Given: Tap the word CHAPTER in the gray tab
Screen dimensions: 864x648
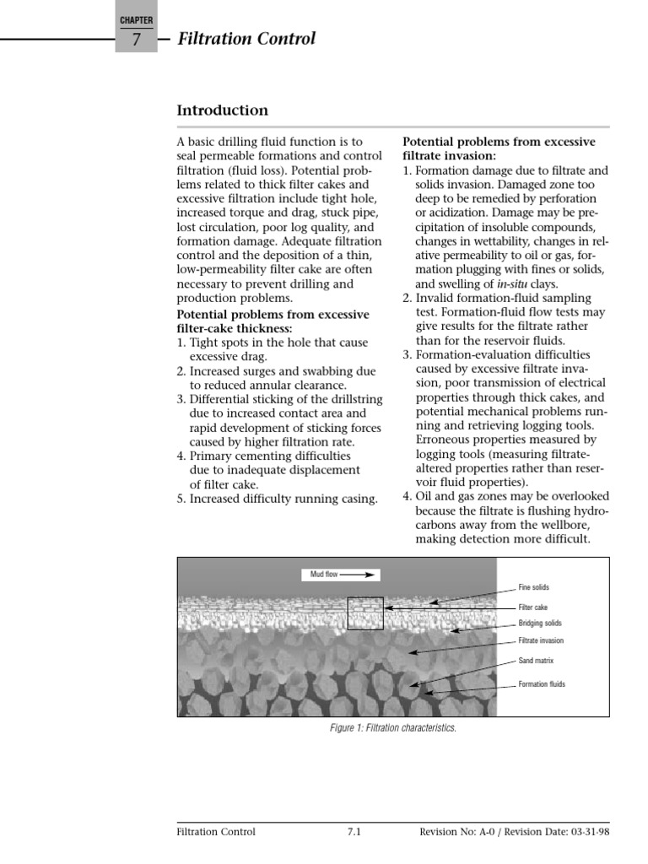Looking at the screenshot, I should [x=136, y=19].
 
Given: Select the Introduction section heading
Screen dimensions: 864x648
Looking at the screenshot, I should [x=222, y=111].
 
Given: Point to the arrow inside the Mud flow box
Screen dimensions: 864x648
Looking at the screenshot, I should [x=357, y=575].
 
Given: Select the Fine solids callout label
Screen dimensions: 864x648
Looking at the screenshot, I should [x=533, y=587].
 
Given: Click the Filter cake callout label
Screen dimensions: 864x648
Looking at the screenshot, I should [x=532, y=607].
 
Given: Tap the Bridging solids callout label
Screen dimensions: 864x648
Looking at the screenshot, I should [x=539, y=624].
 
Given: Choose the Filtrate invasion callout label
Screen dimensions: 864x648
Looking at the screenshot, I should [x=541, y=641].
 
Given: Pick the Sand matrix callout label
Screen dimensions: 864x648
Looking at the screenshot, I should [x=535, y=661].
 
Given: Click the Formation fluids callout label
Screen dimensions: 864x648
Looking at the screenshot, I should [x=542, y=684].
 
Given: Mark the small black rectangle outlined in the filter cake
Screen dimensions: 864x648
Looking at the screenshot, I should [x=365, y=613].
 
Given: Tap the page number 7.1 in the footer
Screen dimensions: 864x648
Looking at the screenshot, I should [x=354, y=831].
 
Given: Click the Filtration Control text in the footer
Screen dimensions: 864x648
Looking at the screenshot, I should [x=216, y=831].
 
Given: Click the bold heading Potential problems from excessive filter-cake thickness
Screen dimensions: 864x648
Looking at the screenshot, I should [x=273, y=321].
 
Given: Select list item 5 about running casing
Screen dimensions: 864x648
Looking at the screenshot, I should [x=278, y=499].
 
